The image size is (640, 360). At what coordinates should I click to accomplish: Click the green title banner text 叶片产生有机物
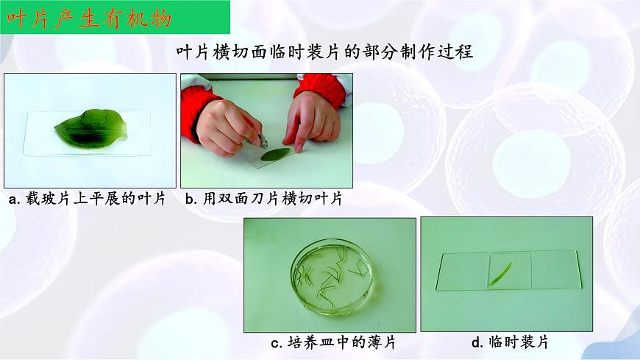[x=89, y=19]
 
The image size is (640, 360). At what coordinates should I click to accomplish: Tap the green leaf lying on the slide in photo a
[x=91, y=128]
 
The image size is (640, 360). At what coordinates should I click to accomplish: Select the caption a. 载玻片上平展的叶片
[x=87, y=199]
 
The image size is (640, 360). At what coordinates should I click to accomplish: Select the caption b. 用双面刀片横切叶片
[x=263, y=199]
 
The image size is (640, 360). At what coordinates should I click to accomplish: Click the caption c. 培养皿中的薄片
[x=333, y=342]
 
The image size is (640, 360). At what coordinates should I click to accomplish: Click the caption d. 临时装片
[x=510, y=342]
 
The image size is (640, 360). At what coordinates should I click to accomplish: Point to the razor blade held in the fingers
[x=263, y=143]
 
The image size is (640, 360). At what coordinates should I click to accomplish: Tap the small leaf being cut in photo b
[x=275, y=154]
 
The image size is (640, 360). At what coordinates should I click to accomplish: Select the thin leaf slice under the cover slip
[x=499, y=274]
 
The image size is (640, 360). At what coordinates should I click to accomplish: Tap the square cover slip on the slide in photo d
[x=509, y=271]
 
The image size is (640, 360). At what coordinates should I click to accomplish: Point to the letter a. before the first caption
[x=14, y=200]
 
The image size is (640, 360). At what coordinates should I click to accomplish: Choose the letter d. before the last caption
[x=477, y=342]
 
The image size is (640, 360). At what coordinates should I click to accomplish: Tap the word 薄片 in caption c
[x=377, y=342]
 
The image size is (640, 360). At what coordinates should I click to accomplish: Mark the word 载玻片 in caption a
[x=48, y=199]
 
